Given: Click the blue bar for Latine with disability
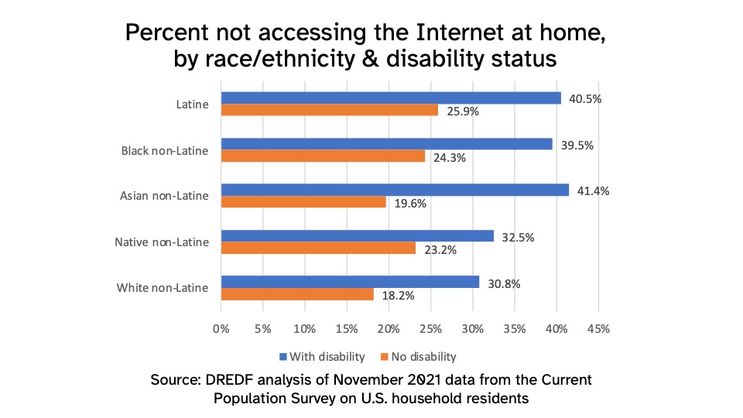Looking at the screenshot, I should tap(391, 98).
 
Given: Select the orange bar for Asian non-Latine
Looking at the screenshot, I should tap(303, 202).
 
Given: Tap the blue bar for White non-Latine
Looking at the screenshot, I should tap(350, 283).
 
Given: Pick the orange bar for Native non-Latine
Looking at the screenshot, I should tap(318, 248).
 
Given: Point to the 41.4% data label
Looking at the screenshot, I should tap(593, 190).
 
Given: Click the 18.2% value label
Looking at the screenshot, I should tap(398, 296).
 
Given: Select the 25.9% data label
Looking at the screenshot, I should tap(462, 111).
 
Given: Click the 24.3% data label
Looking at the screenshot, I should tap(449, 157).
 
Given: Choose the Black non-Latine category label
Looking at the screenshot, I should tap(165, 150).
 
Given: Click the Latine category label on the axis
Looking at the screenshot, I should tap(192, 104).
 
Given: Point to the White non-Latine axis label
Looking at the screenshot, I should tap(163, 288).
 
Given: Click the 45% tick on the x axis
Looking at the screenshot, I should tap(598, 329).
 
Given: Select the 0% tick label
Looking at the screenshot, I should tap(221, 329).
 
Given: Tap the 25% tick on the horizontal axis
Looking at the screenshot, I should tap(430, 329).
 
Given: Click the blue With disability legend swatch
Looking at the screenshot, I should tap(283, 357).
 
